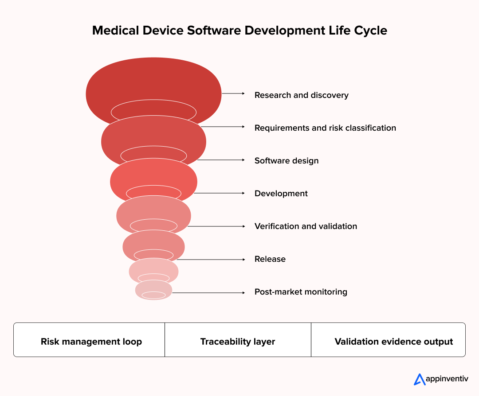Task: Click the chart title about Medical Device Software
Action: [239, 31]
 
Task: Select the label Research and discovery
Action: [301, 95]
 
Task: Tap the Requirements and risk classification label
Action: [325, 128]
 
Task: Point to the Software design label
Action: [287, 161]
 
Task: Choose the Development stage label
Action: [281, 194]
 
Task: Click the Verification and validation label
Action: [306, 226]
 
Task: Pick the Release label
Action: [270, 259]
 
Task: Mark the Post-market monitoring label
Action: [301, 292]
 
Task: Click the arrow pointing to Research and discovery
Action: [233, 93]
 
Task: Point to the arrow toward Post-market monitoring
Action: [208, 292]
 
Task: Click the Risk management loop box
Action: [91, 342]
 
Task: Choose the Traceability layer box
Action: [238, 342]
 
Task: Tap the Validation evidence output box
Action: [393, 342]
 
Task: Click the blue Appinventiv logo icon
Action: [419, 379]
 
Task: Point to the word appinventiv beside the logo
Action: [447, 379]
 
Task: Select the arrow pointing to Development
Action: [219, 193]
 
